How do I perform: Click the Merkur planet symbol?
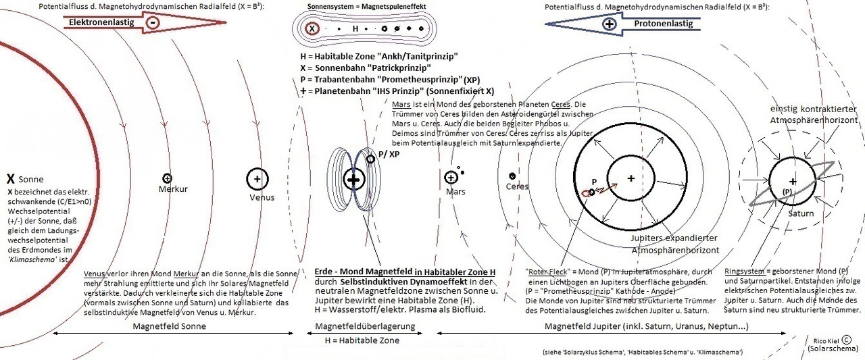coord(167,178)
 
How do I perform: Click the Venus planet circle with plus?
coord(257,179)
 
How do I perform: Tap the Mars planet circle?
coord(451,178)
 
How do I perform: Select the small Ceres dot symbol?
coord(513,176)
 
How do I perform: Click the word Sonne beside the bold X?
coord(32,180)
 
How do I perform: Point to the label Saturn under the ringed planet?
coord(800,213)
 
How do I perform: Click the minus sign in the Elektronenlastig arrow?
coord(153,22)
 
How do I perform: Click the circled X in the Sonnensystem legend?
coord(312,29)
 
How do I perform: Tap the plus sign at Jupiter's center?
coord(631,178)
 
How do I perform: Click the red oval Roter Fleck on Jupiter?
coord(585,193)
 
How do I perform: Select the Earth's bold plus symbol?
coord(353,180)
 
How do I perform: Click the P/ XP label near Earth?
coord(390,154)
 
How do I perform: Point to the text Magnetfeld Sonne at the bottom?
coord(169,327)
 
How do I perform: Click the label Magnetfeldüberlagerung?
coord(366,327)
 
